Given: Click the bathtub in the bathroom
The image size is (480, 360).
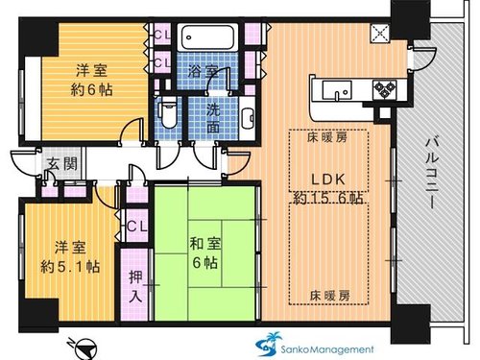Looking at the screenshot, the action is [207, 37].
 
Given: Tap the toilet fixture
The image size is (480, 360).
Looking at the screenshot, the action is [167, 113].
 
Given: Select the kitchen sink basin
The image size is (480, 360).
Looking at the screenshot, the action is [337, 89].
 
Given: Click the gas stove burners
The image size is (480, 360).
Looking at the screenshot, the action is [384, 88].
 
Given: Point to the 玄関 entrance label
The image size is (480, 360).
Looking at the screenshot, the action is [62, 164].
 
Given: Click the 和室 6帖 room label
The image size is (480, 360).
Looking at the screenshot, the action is [205, 252].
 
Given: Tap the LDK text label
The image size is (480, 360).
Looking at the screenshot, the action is [328, 180].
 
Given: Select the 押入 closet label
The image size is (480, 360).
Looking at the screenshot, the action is [135, 286].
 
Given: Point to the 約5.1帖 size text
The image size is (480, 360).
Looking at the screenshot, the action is [70, 266].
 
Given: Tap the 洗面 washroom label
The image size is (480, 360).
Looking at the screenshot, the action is [213, 118].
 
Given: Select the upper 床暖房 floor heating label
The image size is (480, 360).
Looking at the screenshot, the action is [327, 138].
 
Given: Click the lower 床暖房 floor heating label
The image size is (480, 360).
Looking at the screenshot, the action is [329, 296].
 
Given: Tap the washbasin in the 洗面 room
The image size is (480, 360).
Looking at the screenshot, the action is [247, 118].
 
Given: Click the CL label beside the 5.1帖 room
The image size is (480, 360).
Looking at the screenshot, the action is [137, 227].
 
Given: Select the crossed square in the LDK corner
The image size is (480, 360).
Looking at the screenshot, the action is [380, 33].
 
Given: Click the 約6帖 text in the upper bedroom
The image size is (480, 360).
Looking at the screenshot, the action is [91, 90].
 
